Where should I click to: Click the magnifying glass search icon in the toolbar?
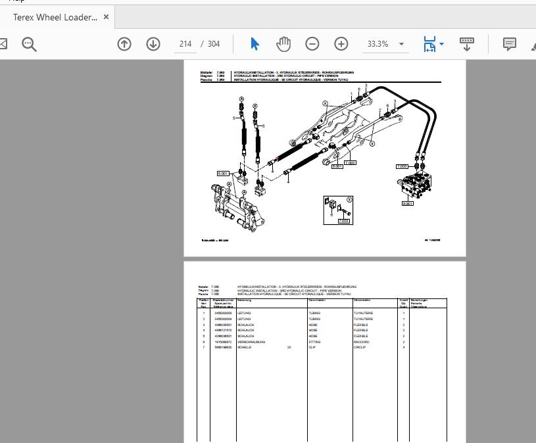click(x=29, y=44)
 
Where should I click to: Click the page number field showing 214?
click(x=185, y=44)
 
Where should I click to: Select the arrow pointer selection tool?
click(x=255, y=44)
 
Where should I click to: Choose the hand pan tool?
click(x=283, y=44)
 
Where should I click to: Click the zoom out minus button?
click(x=312, y=44)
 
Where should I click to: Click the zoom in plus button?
click(x=341, y=44)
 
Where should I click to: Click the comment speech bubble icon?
click(x=509, y=44)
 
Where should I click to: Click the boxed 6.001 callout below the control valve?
click(x=408, y=204)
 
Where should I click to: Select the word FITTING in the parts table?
click(x=314, y=342)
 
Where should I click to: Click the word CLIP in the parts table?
click(x=312, y=347)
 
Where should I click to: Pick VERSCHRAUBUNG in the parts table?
click(x=251, y=342)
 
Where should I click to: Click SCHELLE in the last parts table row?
click(x=245, y=347)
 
